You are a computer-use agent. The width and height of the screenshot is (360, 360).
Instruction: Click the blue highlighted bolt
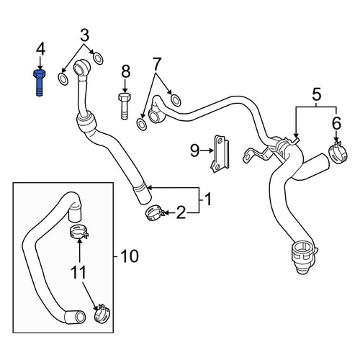coord(40,83)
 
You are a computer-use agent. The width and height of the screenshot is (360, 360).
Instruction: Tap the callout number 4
coord(40,50)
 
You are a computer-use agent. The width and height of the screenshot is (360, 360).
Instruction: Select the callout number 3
coord(84,35)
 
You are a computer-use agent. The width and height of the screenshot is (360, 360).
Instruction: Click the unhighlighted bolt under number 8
coord(125,107)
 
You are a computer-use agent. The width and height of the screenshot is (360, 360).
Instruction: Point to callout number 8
coord(125,72)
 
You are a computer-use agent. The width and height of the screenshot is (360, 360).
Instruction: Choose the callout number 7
coord(156,64)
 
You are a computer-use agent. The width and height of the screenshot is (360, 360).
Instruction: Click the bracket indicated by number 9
coord(220,153)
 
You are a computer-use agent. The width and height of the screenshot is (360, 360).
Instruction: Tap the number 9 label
coord(194,150)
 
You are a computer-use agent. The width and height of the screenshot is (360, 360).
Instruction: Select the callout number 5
coord(316,94)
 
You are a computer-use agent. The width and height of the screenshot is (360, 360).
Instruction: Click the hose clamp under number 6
coord(338,153)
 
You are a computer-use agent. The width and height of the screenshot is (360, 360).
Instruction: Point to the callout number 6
coord(336,123)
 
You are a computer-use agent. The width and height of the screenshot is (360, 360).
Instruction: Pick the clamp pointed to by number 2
coord(154,212)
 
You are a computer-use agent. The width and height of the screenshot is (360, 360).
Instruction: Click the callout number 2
coord(181,212)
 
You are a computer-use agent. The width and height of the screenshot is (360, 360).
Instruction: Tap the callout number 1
coord(208,199)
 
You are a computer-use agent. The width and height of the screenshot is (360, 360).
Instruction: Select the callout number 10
coord(130,256)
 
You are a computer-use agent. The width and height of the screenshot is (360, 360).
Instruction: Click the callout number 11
coord(78,272)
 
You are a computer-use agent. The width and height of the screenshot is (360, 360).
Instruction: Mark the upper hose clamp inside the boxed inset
coord(79,232)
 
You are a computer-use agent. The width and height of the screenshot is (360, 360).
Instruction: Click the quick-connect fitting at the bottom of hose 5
coord(304,257)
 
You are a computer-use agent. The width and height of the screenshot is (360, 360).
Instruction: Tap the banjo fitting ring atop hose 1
coord(81,67)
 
